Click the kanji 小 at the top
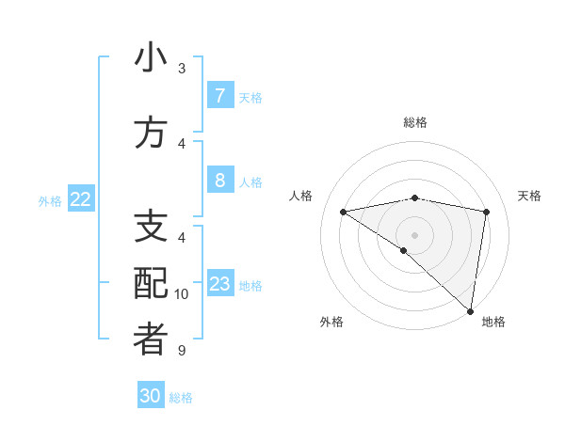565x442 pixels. pos(151,58)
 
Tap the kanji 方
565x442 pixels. pos(151,134)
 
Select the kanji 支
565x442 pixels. pos(151,228)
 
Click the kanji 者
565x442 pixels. pos(151,340)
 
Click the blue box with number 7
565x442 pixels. pos(219,96)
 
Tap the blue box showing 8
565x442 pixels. pos(219,181)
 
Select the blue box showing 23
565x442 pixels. pos(219,284)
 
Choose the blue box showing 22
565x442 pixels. pos(81,199)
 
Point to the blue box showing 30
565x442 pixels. pos(151,396)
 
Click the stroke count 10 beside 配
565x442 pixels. pos(182,294)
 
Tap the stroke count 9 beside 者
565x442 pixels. pos(182,351)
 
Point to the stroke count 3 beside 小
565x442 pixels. pos(182,69)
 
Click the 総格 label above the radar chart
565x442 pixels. pos(415,122)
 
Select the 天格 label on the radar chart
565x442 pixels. pos(530,196)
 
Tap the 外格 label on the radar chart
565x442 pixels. pos(331,323)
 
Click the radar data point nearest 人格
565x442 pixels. pos(343,212)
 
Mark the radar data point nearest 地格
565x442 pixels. pos(470,310)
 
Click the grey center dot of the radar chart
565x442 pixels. pos(414,234)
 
